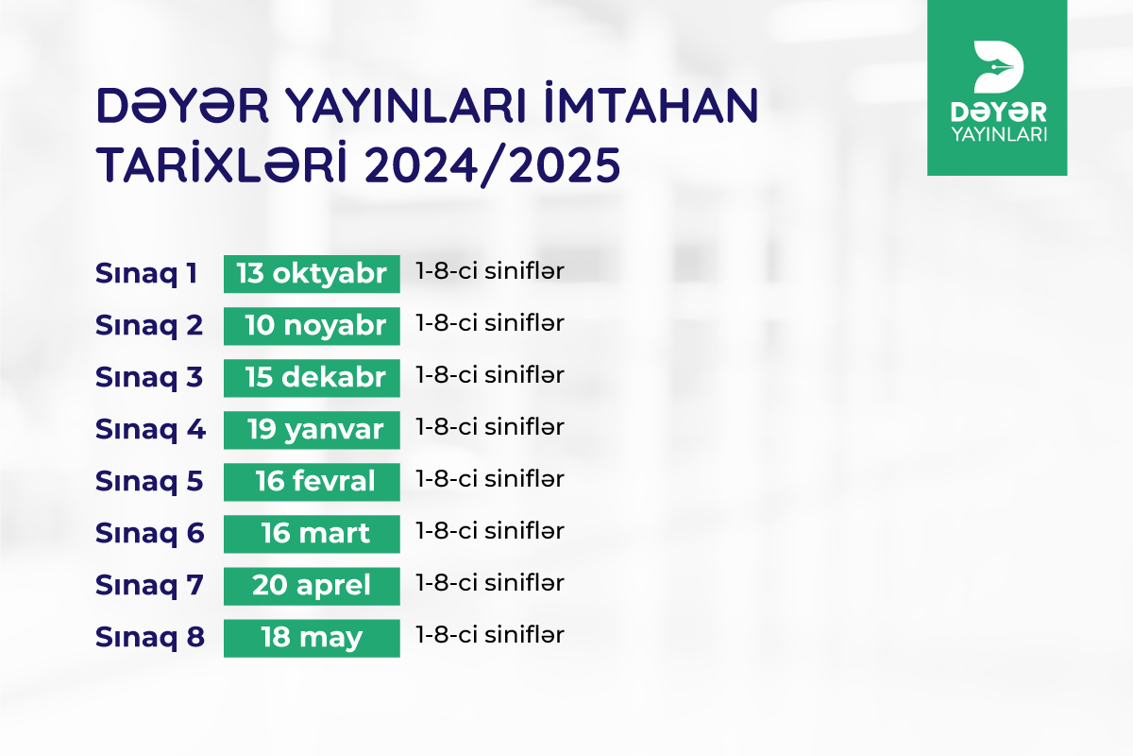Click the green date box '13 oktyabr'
coord(312,274)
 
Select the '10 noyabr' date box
coord(312,326)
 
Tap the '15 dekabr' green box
coord(312,378)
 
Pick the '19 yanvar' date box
coord(312,430)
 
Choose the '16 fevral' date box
coord(312,482)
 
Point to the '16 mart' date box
coord(312,534)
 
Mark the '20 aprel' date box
coord(312,586)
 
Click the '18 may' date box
coord(312,638)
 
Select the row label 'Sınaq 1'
coord(146,273)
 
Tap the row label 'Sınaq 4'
coord(150,429)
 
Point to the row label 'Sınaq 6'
coord(150,533)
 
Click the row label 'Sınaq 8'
coord(150,637)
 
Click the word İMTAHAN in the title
coord(651,103)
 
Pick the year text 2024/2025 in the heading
coord(492,165)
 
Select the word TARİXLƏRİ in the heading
coord(222,162)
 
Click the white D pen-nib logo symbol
coord(998,67)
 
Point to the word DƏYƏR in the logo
coord(999,112)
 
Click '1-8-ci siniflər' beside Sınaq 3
coord(490,375)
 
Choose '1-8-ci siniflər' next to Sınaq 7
coord(490,583)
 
